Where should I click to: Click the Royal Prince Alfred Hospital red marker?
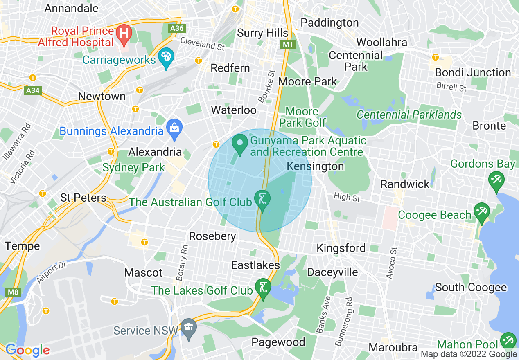pos(123,34)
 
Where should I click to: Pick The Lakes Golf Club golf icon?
pos(263,288)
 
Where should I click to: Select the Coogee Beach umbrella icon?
pos(481,213)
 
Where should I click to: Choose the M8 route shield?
pos(14,292)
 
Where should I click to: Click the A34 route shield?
pos(33,90)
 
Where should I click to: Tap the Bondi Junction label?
pos(473,73)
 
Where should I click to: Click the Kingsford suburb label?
pos(341,248)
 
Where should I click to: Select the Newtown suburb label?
pos(102,96)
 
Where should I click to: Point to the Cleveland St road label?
pos(202,43)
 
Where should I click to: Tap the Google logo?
pos(27,350)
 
